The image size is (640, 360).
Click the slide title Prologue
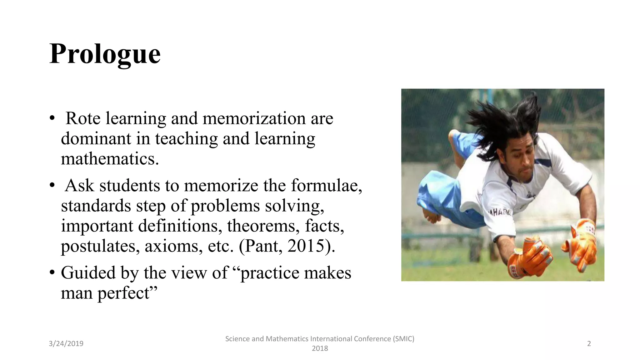coord(105,54)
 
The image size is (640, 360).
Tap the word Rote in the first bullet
coord(83,118)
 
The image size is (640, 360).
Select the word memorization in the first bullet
coord(254,118)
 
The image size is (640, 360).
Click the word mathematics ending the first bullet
coord(110,159)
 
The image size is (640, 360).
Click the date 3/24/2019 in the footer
coord(66,344)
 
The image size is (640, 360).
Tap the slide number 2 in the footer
coord(589,344)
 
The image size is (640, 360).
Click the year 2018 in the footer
coord(320,348)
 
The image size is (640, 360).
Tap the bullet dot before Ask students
coord(52,186)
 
